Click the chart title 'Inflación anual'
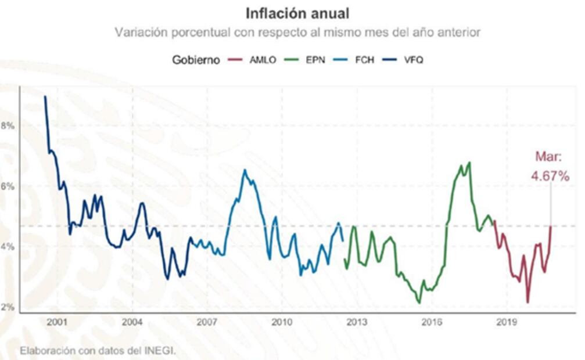tap(297, 13)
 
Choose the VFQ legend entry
tap(415, 60)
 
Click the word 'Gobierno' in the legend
tap(196, 60)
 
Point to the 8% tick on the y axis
tap(8, 125)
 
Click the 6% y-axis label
tap(8, 186)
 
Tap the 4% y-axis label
tap(8, 247)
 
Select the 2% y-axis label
tap(8, 308)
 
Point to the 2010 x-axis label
tap(282, 322)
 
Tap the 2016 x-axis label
tap(432, 322)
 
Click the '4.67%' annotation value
tap(550, 176)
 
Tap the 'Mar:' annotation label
tap(548, 157)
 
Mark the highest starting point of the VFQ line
tap(45, 96)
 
